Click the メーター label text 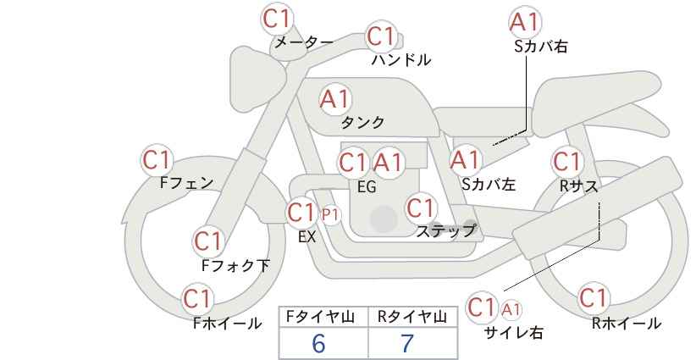[x=304, y=42]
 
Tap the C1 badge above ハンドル [x=381, y=36]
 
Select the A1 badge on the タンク [x=335, y=99]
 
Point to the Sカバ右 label [x=541, y=47]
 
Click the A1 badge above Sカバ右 [x=525, y=22]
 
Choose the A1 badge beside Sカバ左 [x=465, y=160]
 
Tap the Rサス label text [x=578, y=186]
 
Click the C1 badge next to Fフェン [x=157, y=160]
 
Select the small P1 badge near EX [x=330, y=215]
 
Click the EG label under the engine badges [x=367, y=187]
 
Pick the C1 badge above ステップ [x=420, y=208]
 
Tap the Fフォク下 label [x=235, y=265]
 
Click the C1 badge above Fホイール [x=197, y=299]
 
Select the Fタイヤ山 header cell [x=323, y=317]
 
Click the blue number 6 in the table [x=318, y=343]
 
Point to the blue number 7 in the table [x=407, y=343]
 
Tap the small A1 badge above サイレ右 [x=511, y=309]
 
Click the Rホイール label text [x=627, y=324]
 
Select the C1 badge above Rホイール [x=593, y=298]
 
